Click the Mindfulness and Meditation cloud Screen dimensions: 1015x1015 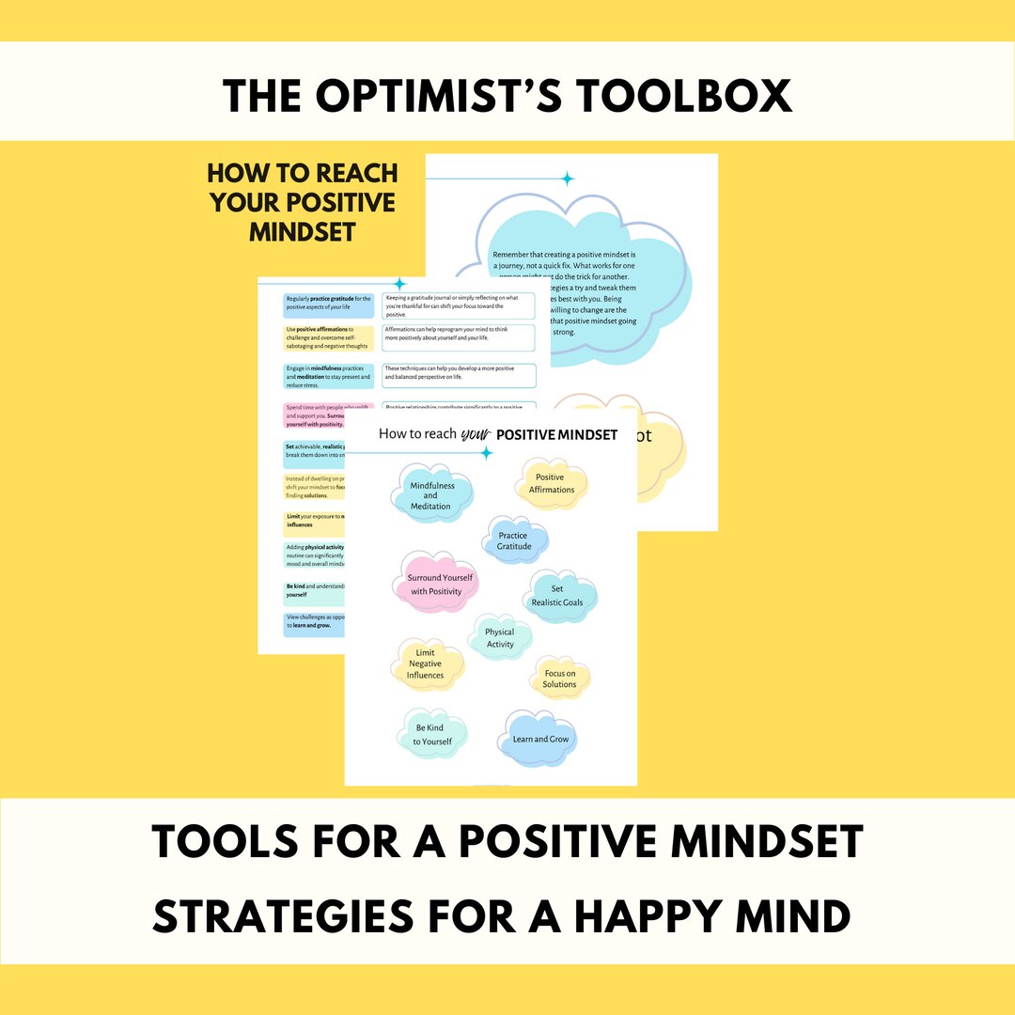431,495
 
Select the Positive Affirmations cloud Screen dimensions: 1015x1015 552,483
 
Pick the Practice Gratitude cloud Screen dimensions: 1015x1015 515,540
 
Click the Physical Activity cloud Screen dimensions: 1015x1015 500,638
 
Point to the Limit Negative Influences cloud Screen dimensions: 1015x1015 426,664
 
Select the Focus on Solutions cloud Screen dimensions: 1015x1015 560,679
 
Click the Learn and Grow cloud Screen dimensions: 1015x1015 539,739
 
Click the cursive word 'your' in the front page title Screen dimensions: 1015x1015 478,433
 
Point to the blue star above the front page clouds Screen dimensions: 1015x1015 486,454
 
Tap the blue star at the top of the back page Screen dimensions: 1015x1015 567,179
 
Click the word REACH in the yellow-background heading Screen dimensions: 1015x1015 351,173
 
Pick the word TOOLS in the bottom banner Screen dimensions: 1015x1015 223,841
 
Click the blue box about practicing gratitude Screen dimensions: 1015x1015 328,304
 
